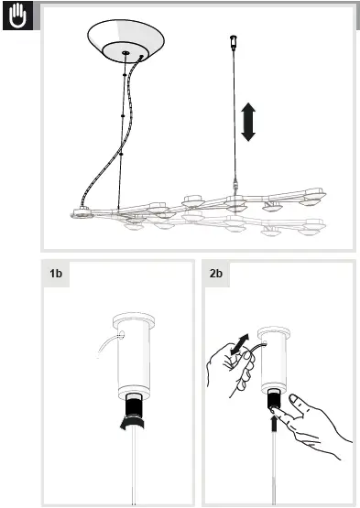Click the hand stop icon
pos(17,16)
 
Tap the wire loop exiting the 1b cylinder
pos(108,342)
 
